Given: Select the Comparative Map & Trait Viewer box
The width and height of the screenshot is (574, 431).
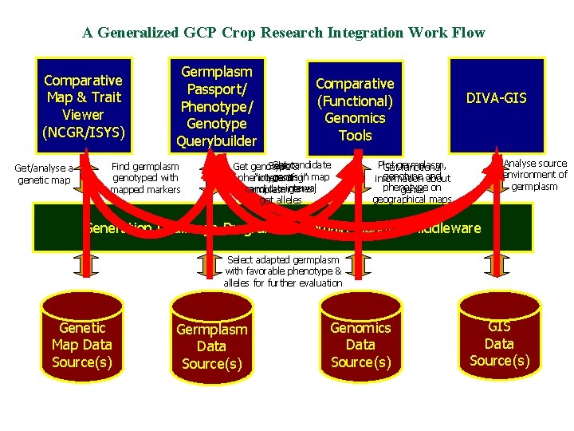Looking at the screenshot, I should point(83,105).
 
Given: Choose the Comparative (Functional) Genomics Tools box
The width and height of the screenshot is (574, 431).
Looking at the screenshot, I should point(355,109).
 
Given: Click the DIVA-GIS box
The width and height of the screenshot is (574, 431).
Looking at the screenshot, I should point(496,99).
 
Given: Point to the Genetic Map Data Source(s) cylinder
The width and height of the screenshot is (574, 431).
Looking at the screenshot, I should point(82,345).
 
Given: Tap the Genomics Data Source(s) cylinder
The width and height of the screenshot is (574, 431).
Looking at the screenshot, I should point(360,345).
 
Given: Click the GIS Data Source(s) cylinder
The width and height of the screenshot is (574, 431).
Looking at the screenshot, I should point(498,343).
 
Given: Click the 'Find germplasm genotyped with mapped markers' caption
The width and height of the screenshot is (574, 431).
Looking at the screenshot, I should point(145,178).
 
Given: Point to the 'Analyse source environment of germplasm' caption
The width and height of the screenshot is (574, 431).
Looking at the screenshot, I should point(535,175).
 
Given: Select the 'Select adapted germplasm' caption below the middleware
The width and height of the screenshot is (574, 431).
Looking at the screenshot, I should point(283,271).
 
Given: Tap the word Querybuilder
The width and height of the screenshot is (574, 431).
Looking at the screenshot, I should point(217,141).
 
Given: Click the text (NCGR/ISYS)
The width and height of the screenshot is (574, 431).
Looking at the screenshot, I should point(83,132).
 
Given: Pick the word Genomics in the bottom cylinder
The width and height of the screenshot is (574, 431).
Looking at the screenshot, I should point(360,327).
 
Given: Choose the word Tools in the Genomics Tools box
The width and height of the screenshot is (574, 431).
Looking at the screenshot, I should point(355,135).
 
